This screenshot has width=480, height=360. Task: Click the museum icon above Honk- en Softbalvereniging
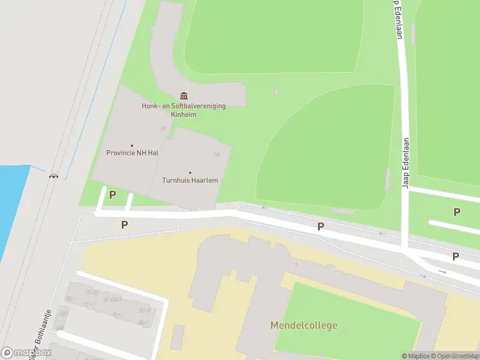tap(183, 96)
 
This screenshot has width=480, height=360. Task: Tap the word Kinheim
tap(183, 115)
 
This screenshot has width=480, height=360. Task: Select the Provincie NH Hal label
tap(132, 153)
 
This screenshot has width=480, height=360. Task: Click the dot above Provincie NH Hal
tap(132, 145)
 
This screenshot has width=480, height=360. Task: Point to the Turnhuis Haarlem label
tap(190, 180)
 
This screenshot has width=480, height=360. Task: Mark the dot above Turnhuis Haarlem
tap(190, 173)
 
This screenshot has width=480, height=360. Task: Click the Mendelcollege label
tap(304, 326)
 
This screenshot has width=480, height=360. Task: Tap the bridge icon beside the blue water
tap(54, 175)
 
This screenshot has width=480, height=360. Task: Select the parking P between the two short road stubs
tap(112, 195)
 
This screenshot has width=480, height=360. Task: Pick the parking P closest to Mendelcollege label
tap(321, 226)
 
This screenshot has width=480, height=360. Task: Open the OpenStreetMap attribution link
tap(456, 356)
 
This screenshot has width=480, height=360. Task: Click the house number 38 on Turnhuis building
tap(216, 154)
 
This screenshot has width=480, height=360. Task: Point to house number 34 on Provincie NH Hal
tap(163, 128)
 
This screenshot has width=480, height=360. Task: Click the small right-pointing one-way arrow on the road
tap(443, 271)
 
